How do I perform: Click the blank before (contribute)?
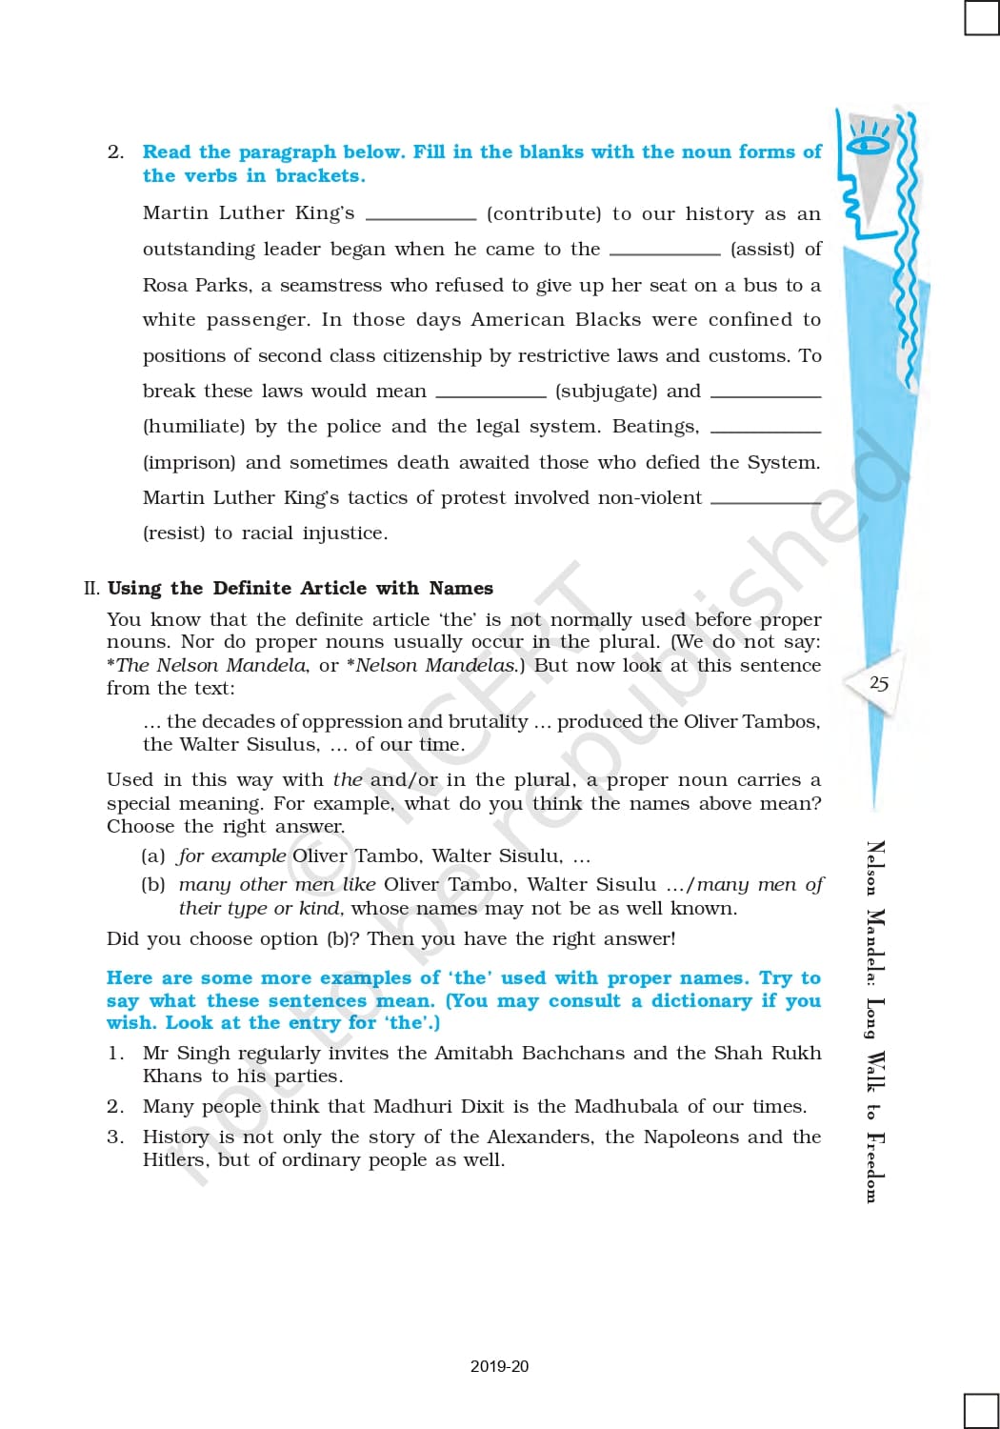[x=421, y=217]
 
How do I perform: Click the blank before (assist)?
[x=665, y=252]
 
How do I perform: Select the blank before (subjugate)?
[x=490, y=394]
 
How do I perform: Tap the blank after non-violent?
[x=766, y=501]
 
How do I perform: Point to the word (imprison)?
[x=189, y=463]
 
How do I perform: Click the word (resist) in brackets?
[x=173, y=533]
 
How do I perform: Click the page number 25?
[x=879, y=683]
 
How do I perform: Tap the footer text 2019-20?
[x=499, y=1366]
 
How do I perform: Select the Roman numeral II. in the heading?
[x=91, y=589]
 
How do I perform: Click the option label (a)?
[x=153, y=855]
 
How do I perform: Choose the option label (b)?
[x=153, y=884]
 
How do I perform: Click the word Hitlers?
[x=174, y=1160]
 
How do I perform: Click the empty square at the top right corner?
[x=981, y=17]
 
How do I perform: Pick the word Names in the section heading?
[x=461, y=589]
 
